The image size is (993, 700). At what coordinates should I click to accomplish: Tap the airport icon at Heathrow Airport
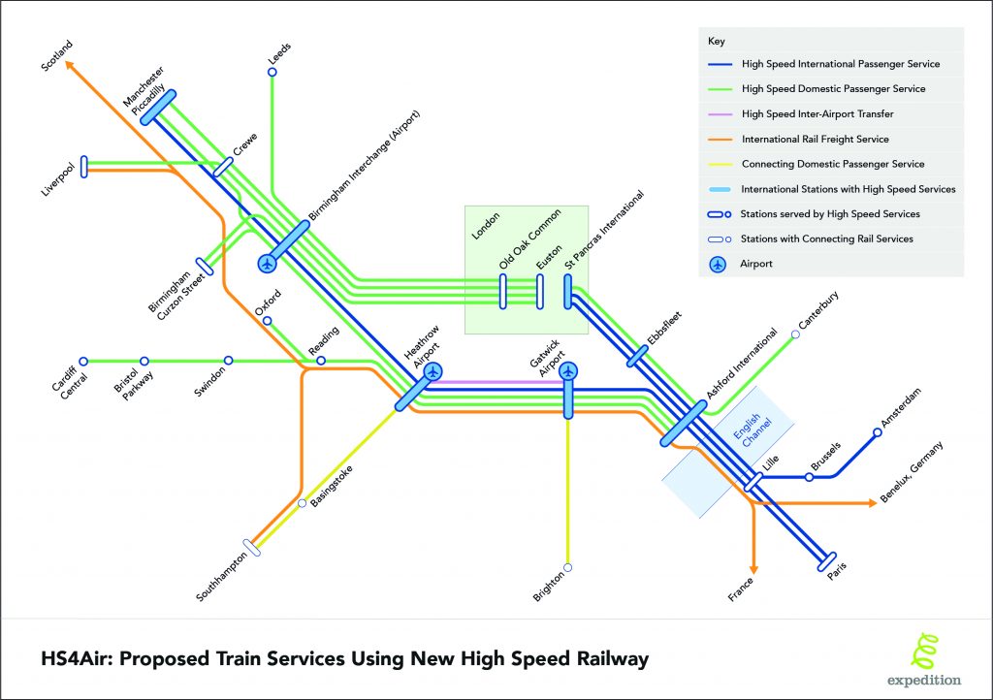432,370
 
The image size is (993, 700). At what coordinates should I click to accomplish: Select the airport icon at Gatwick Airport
568,370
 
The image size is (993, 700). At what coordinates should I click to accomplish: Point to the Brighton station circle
568,567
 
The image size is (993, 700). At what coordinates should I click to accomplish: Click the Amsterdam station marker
877,432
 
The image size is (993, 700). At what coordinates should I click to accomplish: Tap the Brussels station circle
811,477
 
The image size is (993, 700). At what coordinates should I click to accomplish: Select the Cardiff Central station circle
83,361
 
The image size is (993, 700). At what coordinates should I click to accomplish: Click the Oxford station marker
267,321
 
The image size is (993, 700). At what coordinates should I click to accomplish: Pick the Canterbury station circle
795,334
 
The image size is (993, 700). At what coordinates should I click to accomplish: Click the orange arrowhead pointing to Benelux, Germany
869,503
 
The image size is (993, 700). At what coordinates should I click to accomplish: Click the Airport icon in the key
719,263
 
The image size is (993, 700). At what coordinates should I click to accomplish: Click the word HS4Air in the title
70,659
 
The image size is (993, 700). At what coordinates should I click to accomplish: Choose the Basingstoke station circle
302,503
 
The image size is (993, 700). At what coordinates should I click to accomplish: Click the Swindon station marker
229,361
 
